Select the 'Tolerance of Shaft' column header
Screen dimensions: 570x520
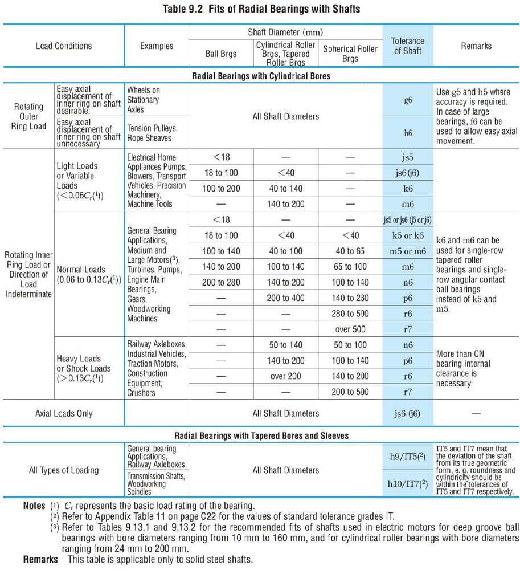(407, 46)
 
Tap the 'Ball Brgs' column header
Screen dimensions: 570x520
(220, 55)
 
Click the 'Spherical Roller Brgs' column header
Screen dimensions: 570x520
(350, 54)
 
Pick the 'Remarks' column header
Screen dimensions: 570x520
(476, 46)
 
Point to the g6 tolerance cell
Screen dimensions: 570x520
(407, 100)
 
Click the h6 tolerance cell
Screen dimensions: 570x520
(407, 132)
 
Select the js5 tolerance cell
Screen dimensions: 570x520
(407, 157)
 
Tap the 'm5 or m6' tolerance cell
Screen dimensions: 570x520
(407, 251)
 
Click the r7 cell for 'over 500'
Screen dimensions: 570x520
(407, 329)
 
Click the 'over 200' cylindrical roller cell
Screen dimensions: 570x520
(286, 376)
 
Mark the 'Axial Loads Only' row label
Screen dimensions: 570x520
(63, 413)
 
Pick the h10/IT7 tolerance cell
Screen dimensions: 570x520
(407, 484)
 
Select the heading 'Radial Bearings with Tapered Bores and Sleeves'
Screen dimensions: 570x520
(263, 435)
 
